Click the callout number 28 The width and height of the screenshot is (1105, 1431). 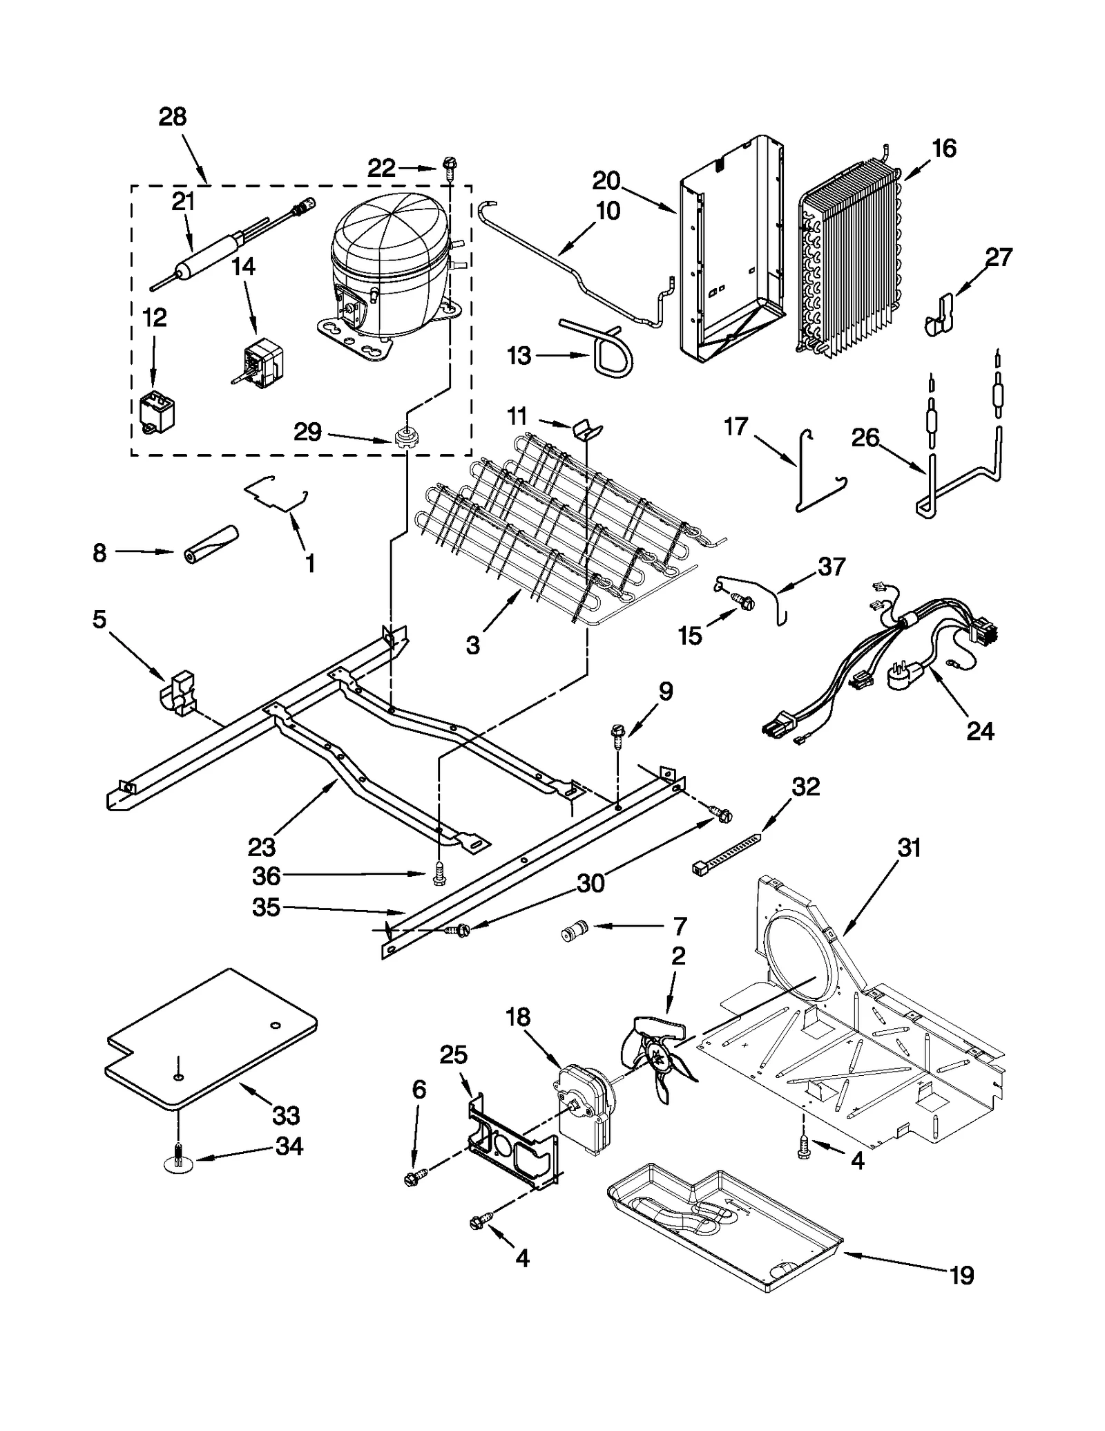pos(173,117)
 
